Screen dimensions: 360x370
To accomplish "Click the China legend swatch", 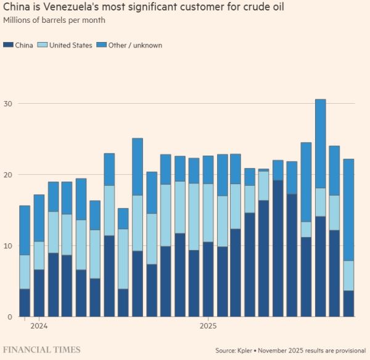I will click(8, 45).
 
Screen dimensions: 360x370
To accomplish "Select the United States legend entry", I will click(70, 45).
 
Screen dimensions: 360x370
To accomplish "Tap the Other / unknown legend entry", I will click(135, 45).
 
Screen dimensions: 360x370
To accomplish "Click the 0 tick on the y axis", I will click(9, 317).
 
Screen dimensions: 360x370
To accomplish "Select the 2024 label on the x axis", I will click(39, 325).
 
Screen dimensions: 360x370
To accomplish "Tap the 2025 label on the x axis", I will click(208, 325).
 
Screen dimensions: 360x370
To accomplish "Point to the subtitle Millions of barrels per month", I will click(54, 20).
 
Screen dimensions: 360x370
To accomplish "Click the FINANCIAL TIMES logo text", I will click(42, 350).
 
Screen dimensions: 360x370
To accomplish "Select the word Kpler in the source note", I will click(244, 351).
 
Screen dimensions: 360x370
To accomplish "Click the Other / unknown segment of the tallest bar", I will click(320, 143).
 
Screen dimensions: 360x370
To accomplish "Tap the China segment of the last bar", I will click(348, 304).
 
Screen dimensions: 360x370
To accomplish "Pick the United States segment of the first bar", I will click(25, 272).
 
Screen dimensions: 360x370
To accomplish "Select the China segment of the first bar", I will click(25, 303).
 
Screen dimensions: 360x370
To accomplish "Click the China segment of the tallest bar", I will click(320, 267).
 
